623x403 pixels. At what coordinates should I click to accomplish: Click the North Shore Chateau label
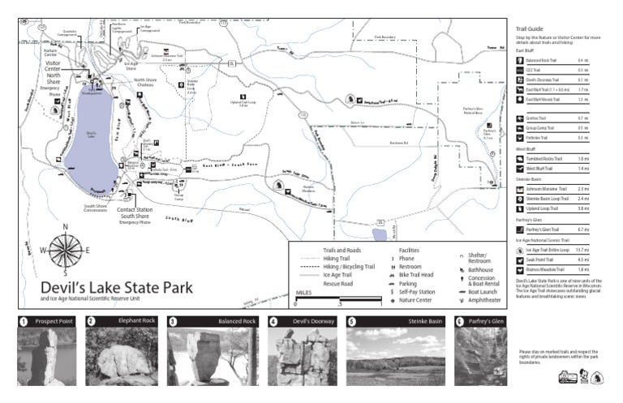[x=145, y=83]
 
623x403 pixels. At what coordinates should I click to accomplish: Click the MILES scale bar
[x=338, y=301]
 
